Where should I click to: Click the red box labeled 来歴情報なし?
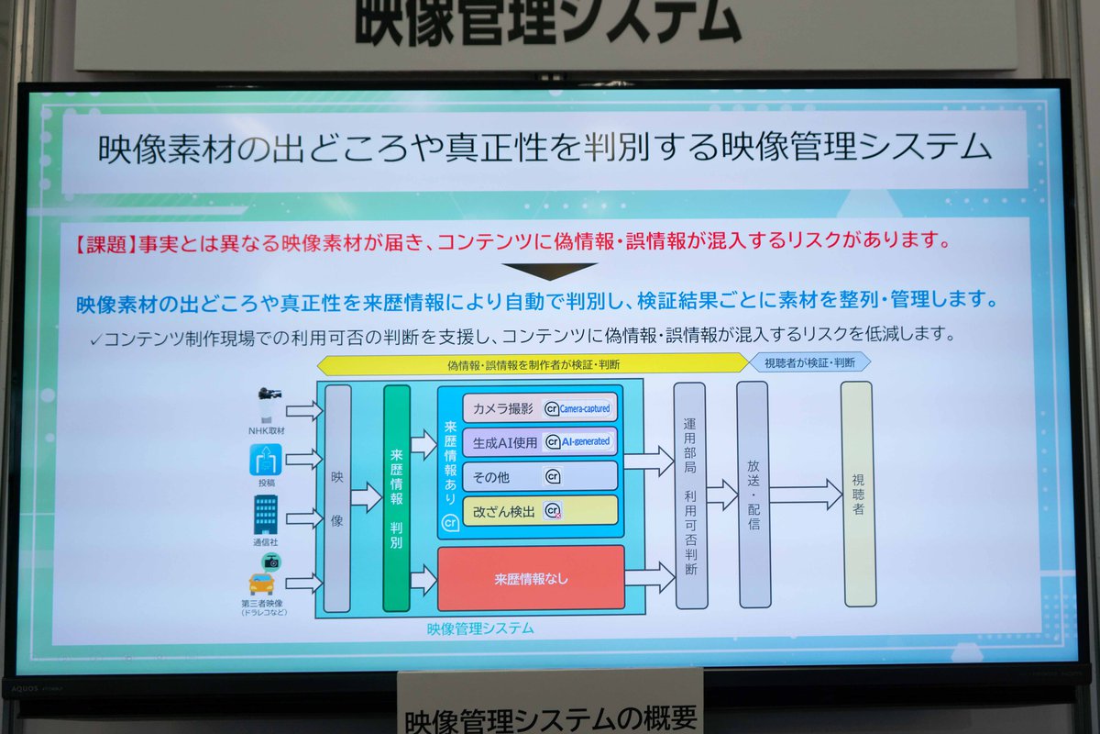[x=531, y=578]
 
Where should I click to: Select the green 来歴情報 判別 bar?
[x=396, y=498]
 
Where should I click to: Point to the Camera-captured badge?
[x=577, y=408]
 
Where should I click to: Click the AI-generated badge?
[x=578, y=441]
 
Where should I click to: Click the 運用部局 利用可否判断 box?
[x=690, y=495]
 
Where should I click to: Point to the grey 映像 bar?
[x=336, y=498]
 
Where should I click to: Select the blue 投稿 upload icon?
[x=266, y=458]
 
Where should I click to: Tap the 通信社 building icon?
[x=266, y=515]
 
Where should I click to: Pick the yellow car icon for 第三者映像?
[x=262, y=584]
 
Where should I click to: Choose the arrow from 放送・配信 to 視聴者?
[x=805, y=495]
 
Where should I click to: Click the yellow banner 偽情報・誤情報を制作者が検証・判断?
[x=533, y=363]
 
